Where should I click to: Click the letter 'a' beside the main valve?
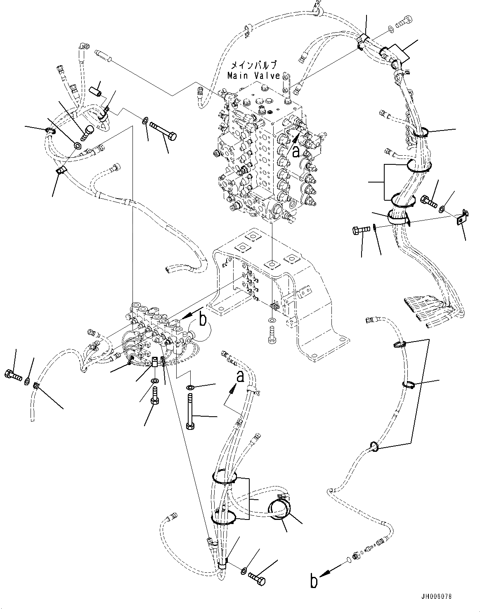[296, 152]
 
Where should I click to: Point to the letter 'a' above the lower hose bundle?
[240, 377]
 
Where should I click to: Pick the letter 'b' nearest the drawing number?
[314, 581]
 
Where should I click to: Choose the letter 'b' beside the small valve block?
[203, 320]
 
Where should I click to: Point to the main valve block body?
[264, 149]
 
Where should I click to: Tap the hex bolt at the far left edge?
[12, 375]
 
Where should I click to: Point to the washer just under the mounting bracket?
[271, 320]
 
